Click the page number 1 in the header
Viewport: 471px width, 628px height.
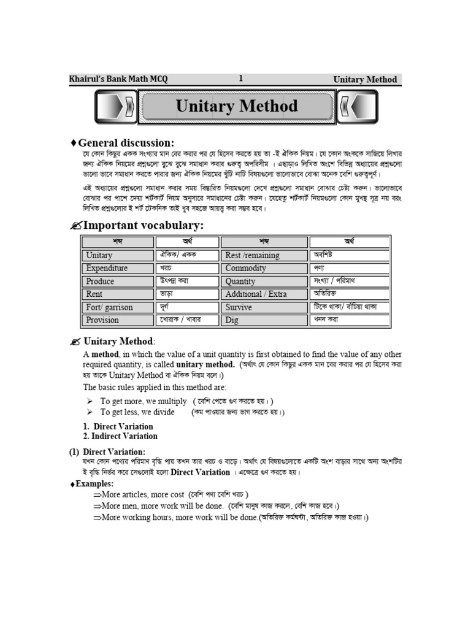pos(241,78)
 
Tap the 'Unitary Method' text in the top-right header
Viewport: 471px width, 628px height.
pos(365,79)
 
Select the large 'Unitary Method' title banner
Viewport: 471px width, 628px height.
pos(237,106)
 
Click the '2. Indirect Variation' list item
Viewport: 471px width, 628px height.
pos(120,436)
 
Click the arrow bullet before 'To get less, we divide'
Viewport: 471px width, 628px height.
pos(90,412)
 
